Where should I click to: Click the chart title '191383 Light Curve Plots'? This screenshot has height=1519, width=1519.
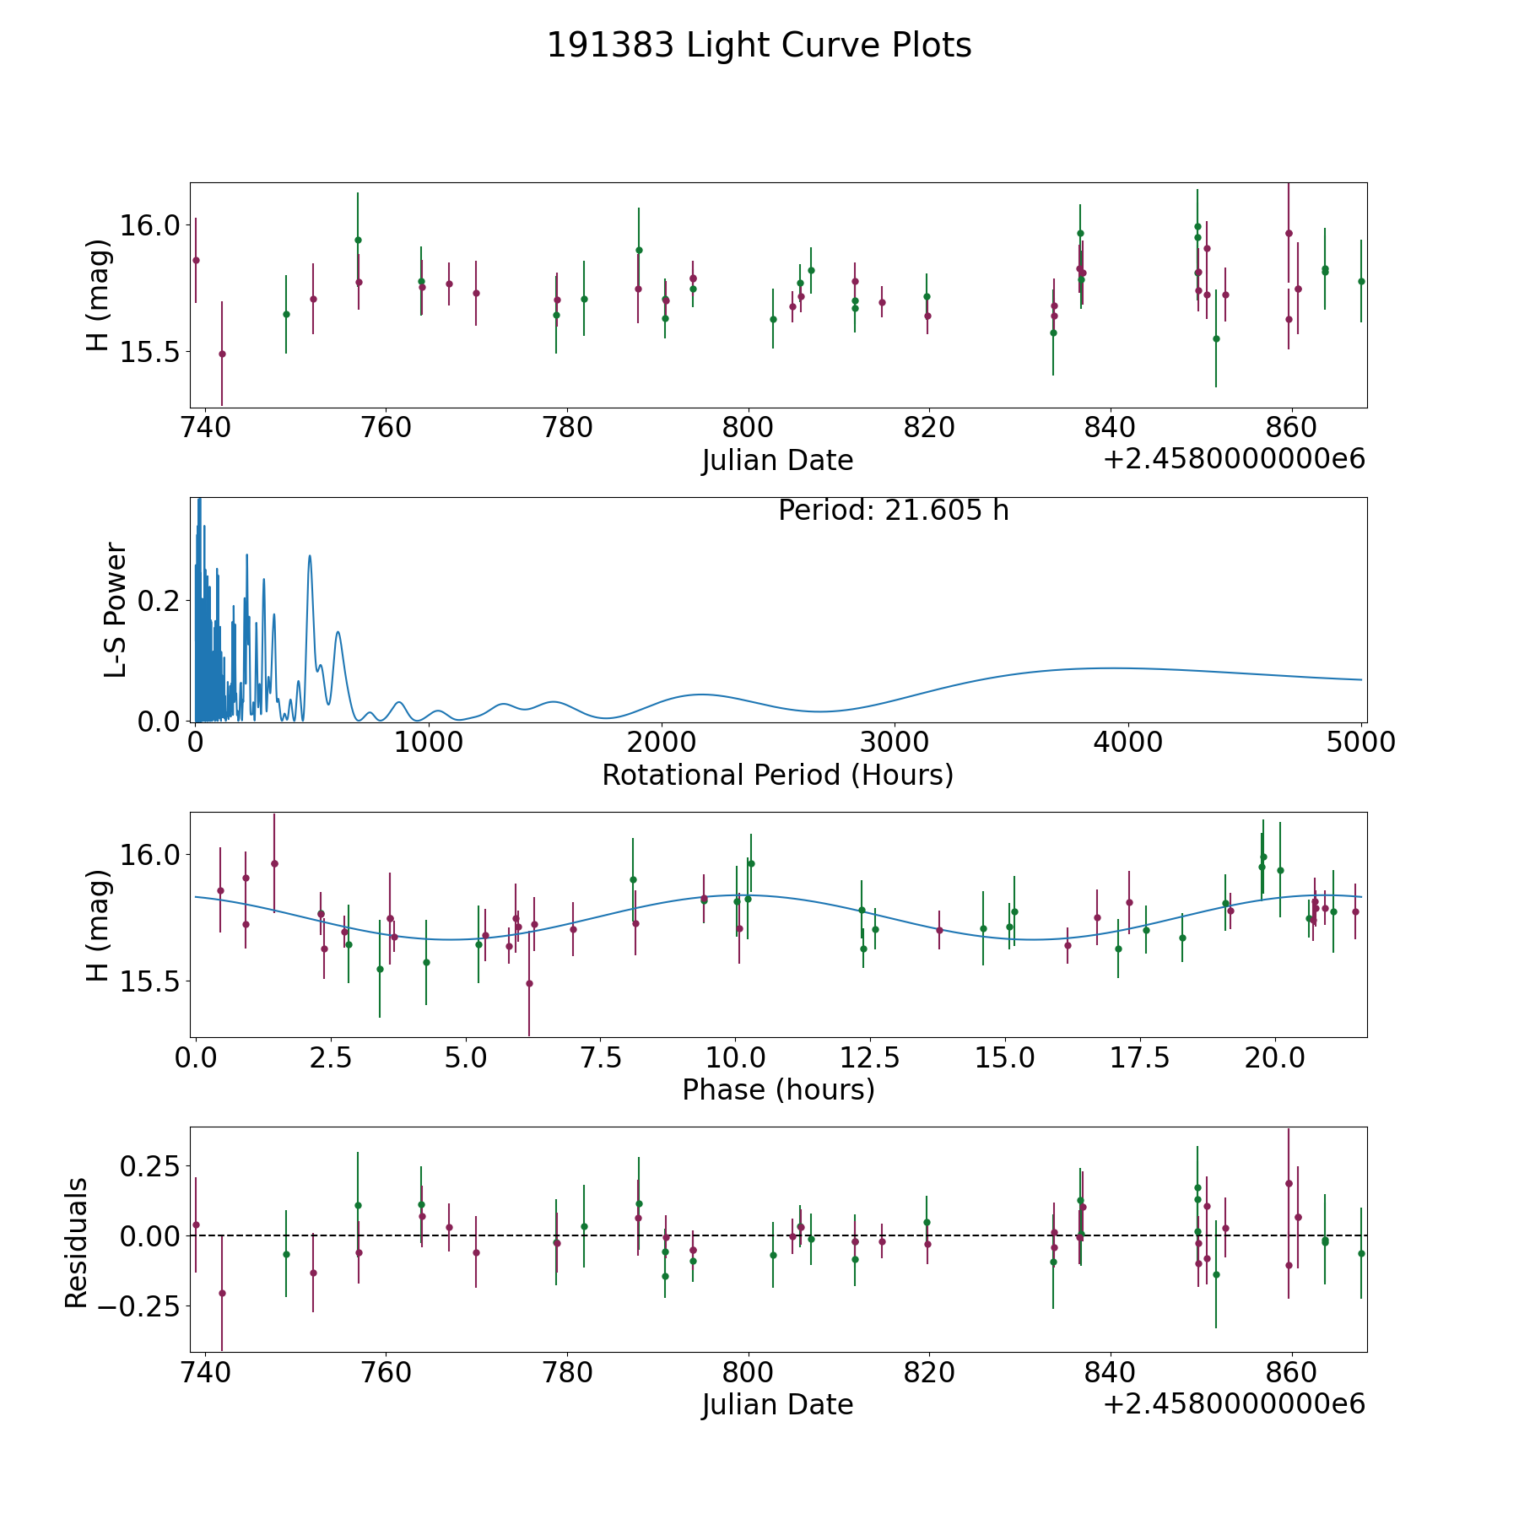pos(759,46)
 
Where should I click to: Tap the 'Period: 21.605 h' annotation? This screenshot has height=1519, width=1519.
pos(894,511)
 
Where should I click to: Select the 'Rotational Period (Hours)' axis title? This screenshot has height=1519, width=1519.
pos(777,775)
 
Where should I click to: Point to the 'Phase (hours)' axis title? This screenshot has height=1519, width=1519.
pos(778,1090)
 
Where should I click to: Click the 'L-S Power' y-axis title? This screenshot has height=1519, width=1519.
pos(116,609)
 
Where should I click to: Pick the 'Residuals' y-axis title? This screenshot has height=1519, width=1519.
pos(77,1243)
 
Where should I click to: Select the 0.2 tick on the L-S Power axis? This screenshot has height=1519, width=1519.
pos(160,601)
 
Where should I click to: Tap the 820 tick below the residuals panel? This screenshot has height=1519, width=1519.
pos(929,1372)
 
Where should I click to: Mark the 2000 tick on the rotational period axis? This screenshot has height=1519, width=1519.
pos(662,743)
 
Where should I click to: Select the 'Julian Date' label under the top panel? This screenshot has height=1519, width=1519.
pos(777,461)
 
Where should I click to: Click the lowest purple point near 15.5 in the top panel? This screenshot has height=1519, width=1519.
pos(222,354)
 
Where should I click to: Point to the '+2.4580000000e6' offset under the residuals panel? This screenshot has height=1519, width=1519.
pos(1234,1404)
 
